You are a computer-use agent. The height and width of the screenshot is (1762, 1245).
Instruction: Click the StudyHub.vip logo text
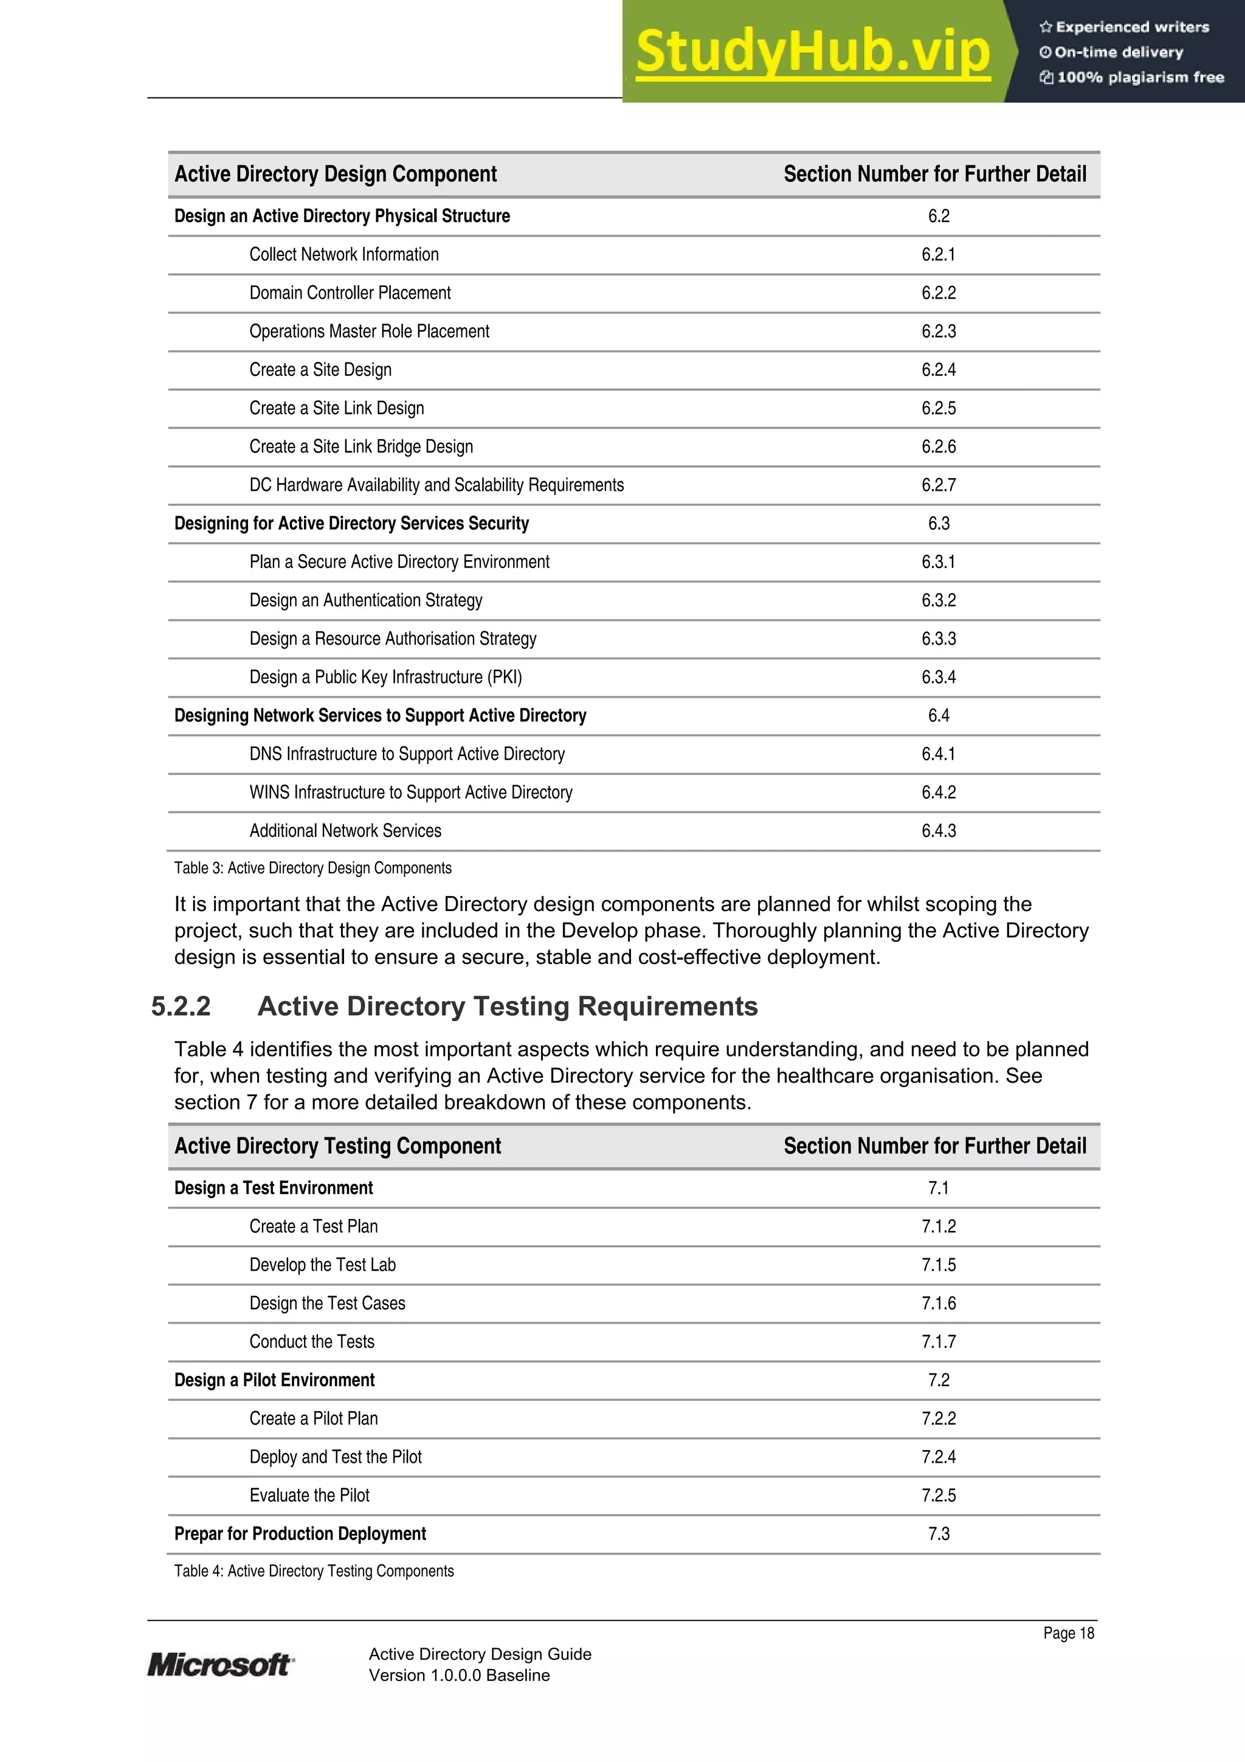pos(812,52)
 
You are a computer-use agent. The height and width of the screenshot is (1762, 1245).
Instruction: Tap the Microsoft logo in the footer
pos(220,1665)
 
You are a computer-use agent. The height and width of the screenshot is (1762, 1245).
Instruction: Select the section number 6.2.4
pos(938,370)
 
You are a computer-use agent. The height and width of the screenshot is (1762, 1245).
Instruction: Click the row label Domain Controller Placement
pos(350,293)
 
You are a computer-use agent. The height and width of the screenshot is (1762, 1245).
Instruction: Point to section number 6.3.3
pos(938,639)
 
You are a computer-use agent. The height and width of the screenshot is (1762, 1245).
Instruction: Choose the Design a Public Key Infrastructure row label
pos(385,677)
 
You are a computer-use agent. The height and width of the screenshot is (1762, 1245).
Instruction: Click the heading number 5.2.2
pos(181,1006)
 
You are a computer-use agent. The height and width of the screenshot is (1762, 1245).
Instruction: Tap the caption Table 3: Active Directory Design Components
pos(312,868)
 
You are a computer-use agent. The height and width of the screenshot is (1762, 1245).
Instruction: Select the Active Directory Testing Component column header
pos(337,1146)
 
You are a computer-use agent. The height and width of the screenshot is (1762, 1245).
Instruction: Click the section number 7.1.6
pos(938,1303)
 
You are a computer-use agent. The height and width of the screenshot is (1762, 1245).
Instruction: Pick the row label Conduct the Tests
pos(311,1342)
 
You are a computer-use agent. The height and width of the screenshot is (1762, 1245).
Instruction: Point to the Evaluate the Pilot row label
pos(309,1495)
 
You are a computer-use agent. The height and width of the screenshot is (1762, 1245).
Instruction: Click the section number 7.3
pos(938,1533)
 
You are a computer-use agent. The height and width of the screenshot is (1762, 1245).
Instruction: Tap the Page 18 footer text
pos(1068,1633)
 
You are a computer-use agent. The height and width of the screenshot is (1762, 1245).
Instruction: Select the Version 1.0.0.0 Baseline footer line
pos(459,1675)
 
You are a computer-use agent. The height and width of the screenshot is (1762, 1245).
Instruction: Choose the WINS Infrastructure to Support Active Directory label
pos(410,792)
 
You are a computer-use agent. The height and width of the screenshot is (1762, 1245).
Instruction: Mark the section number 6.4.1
pos(938,754)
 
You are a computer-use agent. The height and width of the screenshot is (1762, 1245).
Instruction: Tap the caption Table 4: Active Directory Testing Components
pos(314,1571)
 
